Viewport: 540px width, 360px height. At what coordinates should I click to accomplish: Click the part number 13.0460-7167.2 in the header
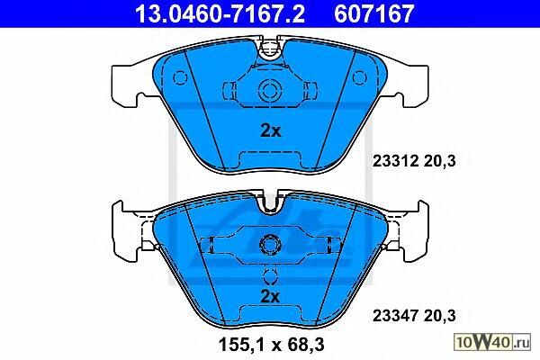[220, 13]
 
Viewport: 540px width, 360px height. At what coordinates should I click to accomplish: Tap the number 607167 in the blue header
[374, 13]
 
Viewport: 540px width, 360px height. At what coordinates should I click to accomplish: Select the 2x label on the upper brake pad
[271, 130]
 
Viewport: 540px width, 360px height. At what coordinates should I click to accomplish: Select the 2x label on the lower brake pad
[271, 296]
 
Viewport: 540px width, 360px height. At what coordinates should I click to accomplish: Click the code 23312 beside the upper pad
[395, 161]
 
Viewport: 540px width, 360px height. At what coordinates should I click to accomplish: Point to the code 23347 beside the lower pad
[395, 316]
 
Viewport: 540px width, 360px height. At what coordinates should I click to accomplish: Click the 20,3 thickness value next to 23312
[440, 161]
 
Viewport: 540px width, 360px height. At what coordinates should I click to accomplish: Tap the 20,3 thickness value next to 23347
[440, 316]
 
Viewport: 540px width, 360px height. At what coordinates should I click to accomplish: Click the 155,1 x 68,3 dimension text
[272, 345]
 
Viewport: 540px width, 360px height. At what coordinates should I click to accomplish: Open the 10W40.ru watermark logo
[492, 343]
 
